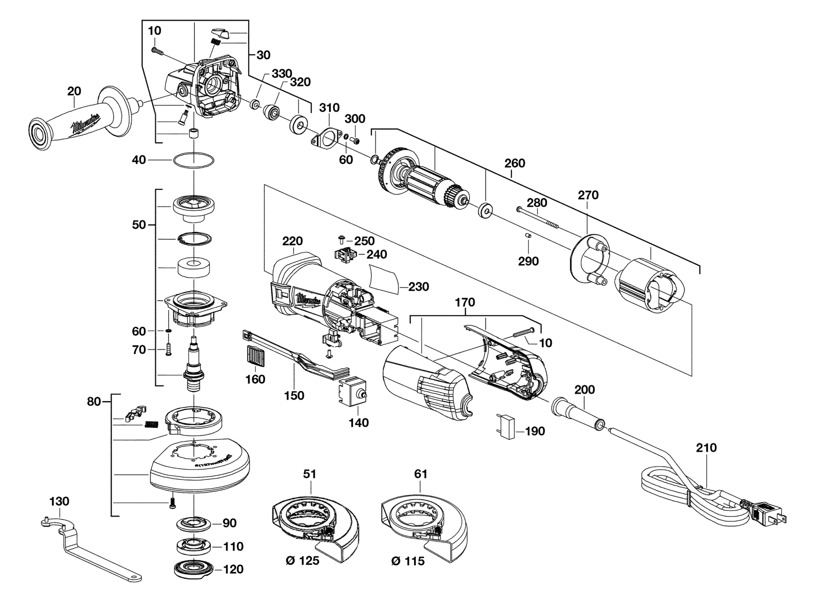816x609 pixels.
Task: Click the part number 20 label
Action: (x=74, y=91)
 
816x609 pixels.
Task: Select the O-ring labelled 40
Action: (x=193, y=160)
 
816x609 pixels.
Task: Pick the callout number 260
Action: (x=514, y=163)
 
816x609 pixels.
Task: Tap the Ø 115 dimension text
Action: (x=408, y=561)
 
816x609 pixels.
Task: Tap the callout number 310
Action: (x=329, y=108)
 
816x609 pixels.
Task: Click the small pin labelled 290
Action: (x=528, y=236)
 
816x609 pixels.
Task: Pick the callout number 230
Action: (x=419, y=286)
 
